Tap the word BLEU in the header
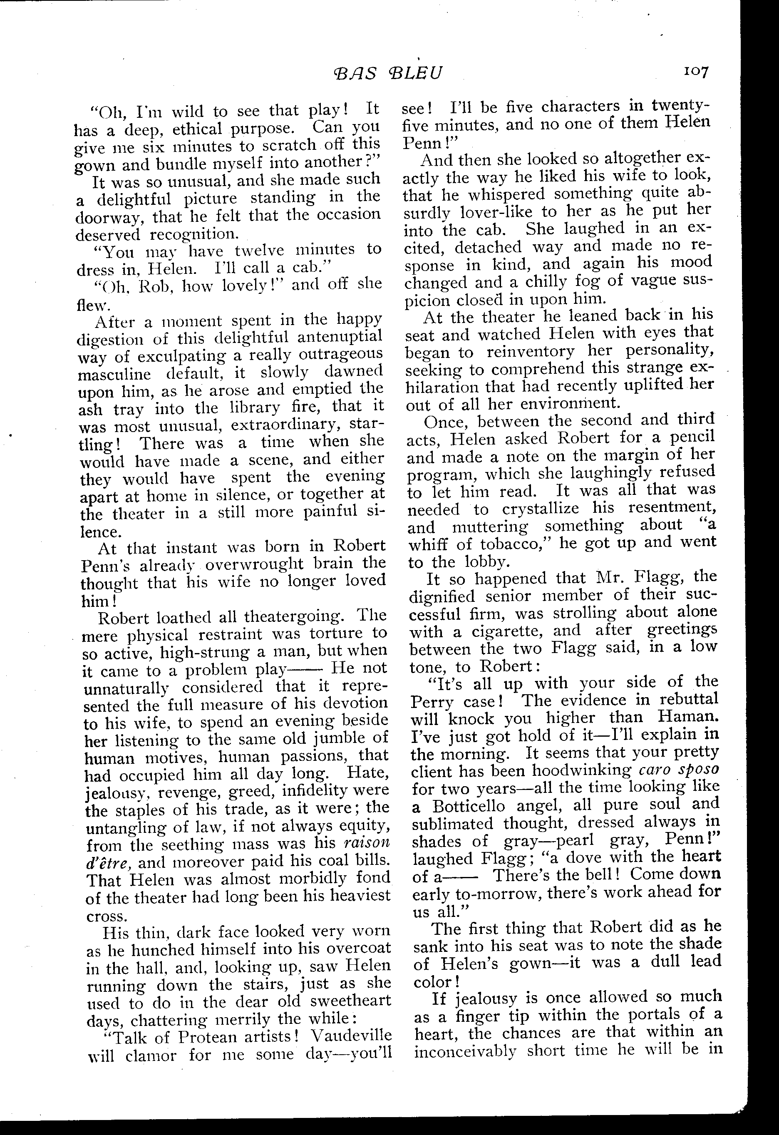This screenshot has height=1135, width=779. coord(414,73)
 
